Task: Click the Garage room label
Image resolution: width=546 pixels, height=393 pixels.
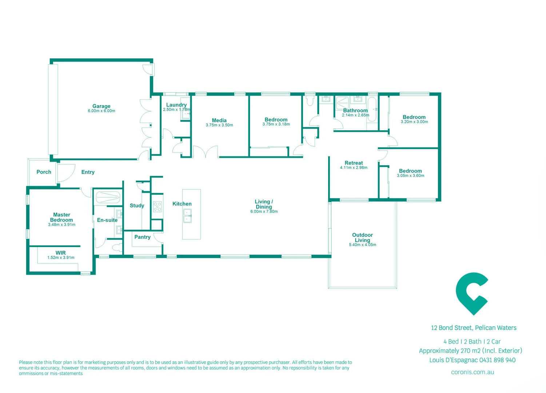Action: pos(101,106)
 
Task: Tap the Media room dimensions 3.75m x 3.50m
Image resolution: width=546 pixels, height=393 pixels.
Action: pos(219,125)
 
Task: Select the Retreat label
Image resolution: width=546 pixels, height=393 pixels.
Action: pos(354,163)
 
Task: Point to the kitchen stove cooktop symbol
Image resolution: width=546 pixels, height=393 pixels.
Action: pos(157,207)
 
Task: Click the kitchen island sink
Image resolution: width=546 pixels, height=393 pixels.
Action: pos(187,215)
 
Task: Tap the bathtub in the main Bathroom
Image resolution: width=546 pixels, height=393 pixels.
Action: pos(372,109)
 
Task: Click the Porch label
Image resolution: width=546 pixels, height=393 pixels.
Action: pos(44,172)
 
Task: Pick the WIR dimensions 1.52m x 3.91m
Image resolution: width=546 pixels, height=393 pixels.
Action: pos(61,258)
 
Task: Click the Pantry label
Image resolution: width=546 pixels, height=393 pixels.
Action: pos(142,237)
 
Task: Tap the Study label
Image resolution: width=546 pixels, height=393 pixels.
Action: pos(137,206)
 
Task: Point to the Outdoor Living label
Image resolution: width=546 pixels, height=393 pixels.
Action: pos(362,238)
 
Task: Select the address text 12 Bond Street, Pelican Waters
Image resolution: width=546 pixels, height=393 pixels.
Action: pos(473,328)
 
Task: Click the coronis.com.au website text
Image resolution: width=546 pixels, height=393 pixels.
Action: pos(472,372)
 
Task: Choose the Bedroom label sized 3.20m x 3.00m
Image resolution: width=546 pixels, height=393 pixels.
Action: pos(414,117)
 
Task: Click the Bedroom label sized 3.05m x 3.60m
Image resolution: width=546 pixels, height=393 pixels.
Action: pos(410,171)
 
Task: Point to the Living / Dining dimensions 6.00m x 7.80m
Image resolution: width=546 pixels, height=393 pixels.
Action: pos(264,212)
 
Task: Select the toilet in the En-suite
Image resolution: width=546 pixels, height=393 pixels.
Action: pos(116,248)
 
